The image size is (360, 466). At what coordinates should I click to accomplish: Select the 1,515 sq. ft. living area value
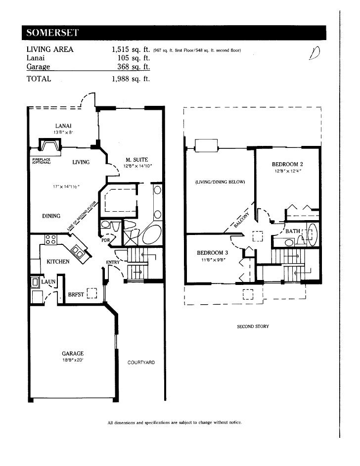[131, 49]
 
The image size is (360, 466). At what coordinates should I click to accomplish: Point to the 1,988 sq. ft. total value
[131, 78]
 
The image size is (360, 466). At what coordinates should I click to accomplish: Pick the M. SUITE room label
[137, 160]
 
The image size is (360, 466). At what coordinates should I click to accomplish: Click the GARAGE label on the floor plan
[73, 353]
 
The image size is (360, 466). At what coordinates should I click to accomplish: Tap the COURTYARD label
[141, 363]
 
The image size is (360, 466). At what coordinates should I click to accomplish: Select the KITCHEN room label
[58, 261]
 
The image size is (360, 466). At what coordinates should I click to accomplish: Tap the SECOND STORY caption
[253, 327]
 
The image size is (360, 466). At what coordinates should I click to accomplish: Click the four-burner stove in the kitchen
[50, 239]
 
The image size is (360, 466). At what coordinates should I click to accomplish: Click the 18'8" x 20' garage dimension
[73, 360]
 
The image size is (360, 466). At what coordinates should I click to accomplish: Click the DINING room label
[51, 216]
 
